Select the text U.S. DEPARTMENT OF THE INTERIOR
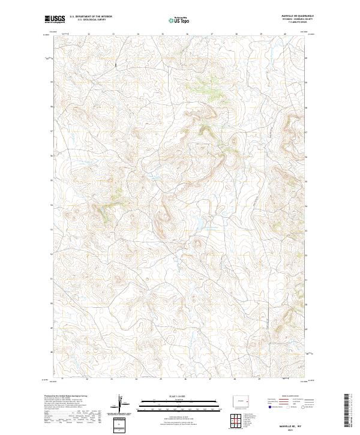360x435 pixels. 91,16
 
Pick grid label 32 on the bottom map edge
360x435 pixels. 88,379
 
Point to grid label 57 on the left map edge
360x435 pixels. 52,131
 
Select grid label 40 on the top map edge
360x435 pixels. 284,34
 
